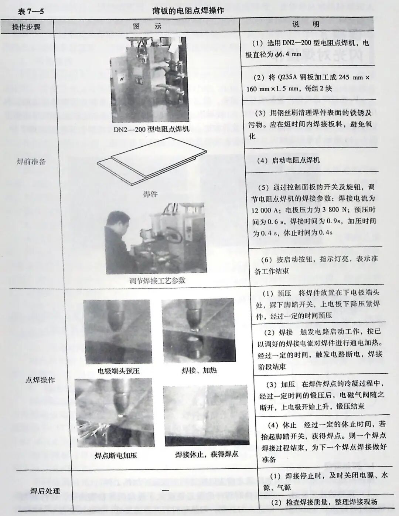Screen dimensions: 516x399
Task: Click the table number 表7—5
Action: coord(31,11)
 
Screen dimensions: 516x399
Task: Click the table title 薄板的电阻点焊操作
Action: coord(188,10)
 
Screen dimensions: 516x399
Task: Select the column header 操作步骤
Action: coord(26,27)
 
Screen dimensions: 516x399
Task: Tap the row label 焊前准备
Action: coord(31,162)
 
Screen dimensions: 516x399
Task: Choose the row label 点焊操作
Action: coord(40,380)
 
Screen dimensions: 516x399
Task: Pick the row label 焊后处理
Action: coord(45,491)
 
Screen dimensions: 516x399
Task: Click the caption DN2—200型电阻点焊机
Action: coord(151,129)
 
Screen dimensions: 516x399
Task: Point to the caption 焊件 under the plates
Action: coord(150,194)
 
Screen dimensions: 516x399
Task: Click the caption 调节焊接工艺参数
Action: coord(157,280)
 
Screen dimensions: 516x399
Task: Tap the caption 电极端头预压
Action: coord(119,371)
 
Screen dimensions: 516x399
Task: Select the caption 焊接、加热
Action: coord(199,370)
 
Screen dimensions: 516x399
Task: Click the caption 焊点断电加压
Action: coord(116,455)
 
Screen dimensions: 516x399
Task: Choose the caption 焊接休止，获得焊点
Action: coord(207,455)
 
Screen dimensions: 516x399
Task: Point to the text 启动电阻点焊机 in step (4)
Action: coord(296,160)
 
